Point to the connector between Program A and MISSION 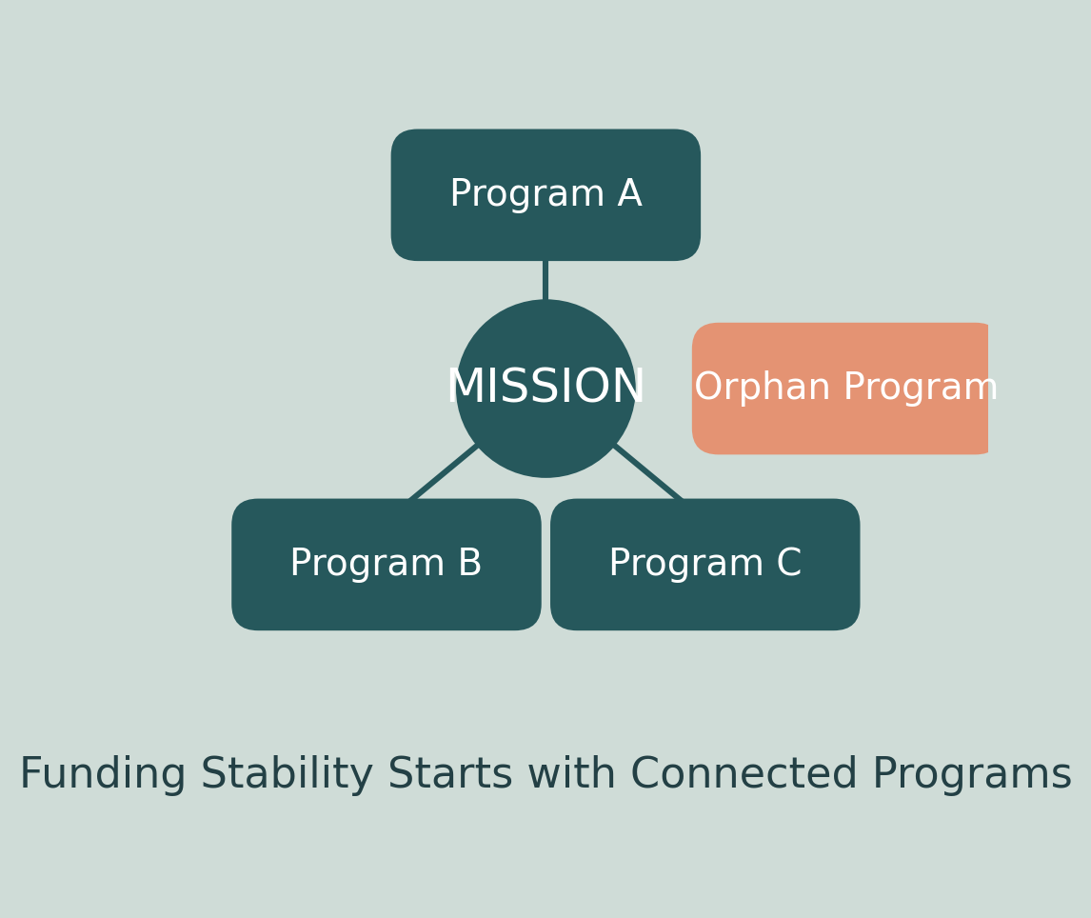coord(545,280)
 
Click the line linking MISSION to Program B coord(444,472)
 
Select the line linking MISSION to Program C coord(648,472)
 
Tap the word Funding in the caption coord(102,775)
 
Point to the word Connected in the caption coord(744,775)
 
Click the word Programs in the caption coord(971,775)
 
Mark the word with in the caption coord(571,775)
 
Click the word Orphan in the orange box coord(762,389)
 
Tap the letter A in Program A coord(629,195)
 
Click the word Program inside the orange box coord(920,389)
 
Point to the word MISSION coord(545,388)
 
